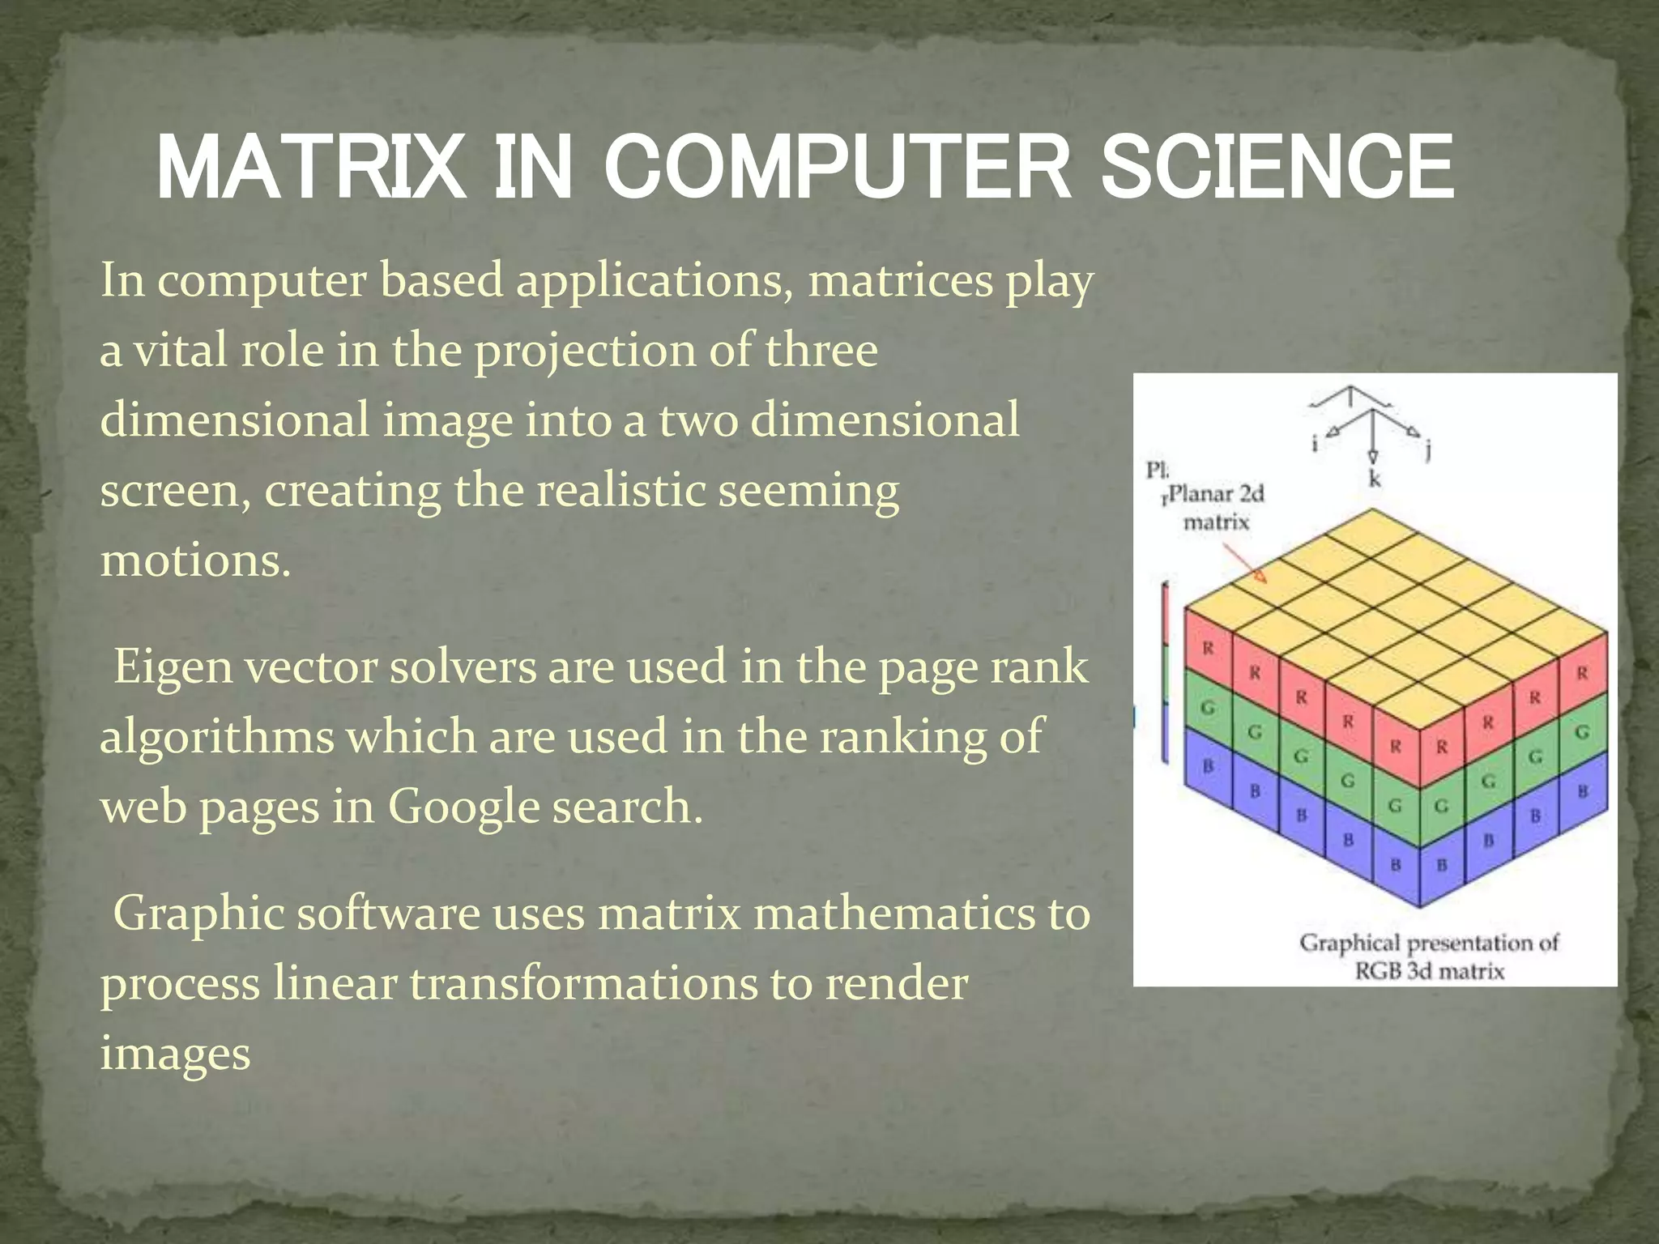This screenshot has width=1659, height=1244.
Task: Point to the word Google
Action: [x=463, y=807]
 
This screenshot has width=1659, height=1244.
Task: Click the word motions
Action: [x=195, y=560]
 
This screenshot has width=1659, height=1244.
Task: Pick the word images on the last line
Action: [x=175, y=1054]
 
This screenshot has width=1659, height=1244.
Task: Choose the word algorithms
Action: [x=217, y=738]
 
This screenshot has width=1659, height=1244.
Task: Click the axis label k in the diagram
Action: [x=1375, y=479]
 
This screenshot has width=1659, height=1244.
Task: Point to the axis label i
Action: [x=1315, y=443]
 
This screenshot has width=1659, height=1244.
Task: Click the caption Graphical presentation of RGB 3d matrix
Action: [x=1429, y=956]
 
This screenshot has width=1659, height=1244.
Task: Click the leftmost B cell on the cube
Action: [x=1208, y=765]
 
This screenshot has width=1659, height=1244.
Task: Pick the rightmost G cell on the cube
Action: [x=1582, y=731]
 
